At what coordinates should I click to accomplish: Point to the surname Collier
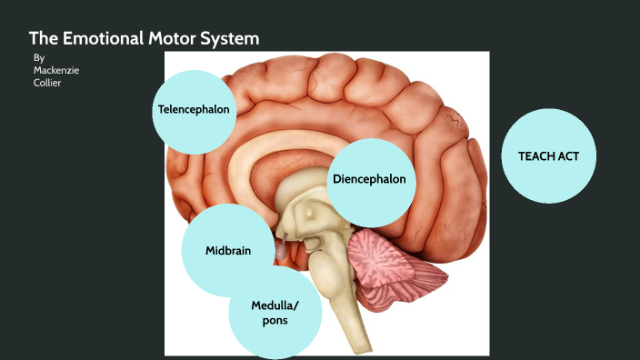(47, 83)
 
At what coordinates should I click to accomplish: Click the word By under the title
(38, 57)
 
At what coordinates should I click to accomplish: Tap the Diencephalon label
(369, 179)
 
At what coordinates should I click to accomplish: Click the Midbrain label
(227, 250)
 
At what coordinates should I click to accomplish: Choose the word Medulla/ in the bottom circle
(275, 305)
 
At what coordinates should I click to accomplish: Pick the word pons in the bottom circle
(275, 321)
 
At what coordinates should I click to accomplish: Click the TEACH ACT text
(543, 156)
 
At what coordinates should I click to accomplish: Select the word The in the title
(43, 38)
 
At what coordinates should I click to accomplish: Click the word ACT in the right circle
(561, 156)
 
